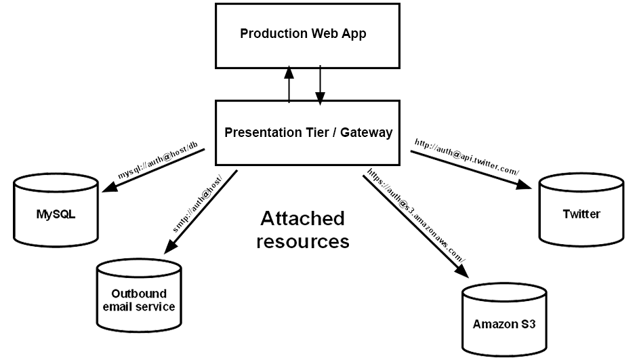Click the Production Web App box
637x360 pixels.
(308, 36)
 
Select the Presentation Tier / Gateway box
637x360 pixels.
(308, 133)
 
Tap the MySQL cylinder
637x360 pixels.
(56, 210)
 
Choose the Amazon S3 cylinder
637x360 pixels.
(504, 320)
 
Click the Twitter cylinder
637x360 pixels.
(581, 209)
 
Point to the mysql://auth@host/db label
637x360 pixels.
(158, 161)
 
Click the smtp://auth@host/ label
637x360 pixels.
(198, 204)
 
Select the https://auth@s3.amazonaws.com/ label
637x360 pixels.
(416, 216)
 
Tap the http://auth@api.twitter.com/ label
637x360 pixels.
(467, 157)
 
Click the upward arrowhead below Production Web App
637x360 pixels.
(289, 73)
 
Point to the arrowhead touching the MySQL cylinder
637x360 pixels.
(110, 186)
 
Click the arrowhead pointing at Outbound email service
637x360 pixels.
(171, 246)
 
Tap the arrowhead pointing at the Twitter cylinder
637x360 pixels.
(524, 184)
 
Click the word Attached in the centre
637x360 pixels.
(303, 218)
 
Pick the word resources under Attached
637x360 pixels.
(303, 241)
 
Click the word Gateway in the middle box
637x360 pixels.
(367, 132)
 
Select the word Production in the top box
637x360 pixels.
(274, 33)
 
